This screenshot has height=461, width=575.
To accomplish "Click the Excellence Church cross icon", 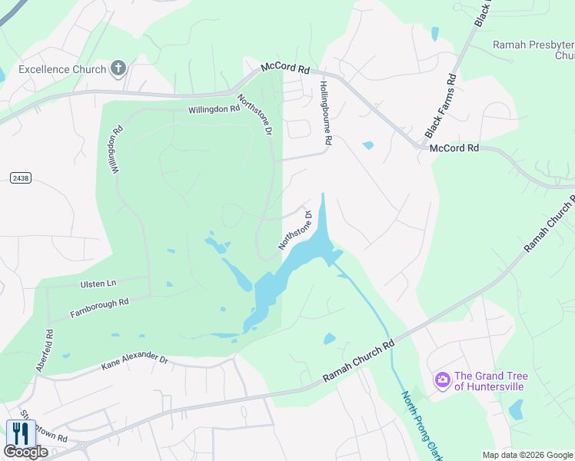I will tap(118, 69).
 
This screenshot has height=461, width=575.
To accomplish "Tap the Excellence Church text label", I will tap(62, 70).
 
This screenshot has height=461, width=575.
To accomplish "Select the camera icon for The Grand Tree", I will tap(442, 380).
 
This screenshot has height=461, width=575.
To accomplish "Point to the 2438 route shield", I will tap(21, 177).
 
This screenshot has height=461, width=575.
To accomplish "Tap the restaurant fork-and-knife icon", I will tap(20, 433).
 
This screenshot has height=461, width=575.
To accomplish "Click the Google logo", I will tap(26, 452).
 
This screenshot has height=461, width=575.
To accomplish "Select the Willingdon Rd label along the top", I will tap(214, 110).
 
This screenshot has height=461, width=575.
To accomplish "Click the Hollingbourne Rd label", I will tap(324, 114).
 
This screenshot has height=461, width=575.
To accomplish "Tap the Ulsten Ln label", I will tap(98, 284).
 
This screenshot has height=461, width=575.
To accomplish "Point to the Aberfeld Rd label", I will tap(44, 351).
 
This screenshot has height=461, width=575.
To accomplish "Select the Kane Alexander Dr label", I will tap(135, 362).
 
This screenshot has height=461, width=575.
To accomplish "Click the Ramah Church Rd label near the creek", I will tap(357, 363).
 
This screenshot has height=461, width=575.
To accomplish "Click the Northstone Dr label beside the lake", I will tap(294, 230).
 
